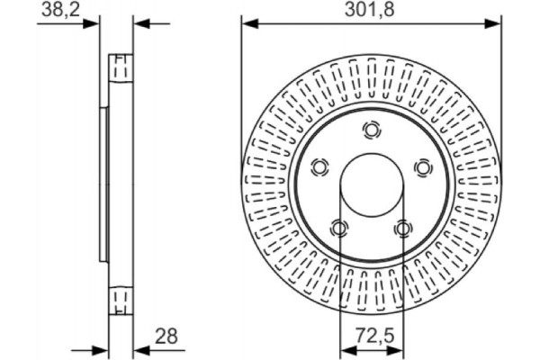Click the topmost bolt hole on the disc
[x=371, y=130]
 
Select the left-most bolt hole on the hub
[x=319, y=167]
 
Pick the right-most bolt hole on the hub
[x=422, y=167]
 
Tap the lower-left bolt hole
[x=338, y=228]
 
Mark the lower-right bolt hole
[x=402, y=228]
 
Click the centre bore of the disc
[x=371, y=185]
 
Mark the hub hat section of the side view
[x=104, y=184]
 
